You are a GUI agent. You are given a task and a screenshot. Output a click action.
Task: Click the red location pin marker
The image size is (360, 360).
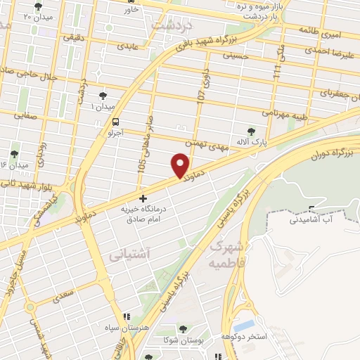[x=181, y=166]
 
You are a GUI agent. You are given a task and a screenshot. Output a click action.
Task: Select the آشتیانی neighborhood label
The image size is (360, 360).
[x=127, y=256]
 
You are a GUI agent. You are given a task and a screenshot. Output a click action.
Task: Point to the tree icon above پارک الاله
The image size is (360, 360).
[x=252, y=131]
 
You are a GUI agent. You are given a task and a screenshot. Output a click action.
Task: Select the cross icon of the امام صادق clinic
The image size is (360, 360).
[x=143, y=198]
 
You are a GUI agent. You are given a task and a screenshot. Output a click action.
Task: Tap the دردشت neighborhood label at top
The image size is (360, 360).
[x=171, y=25]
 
